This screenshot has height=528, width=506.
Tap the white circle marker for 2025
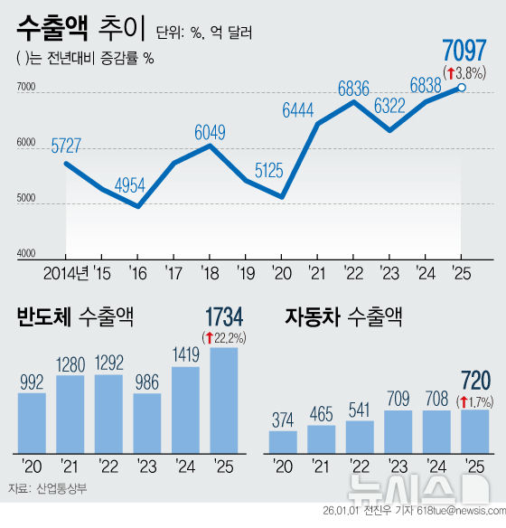coord(462,88)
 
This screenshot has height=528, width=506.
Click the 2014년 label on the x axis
coord(66,272)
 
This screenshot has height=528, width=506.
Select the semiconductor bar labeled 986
coord(147,422)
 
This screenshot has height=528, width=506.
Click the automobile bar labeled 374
coord(283,441)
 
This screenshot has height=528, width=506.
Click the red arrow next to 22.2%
coord(209,337)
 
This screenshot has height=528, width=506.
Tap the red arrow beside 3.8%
coord(449,71)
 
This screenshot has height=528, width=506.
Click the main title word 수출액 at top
coord(52,30)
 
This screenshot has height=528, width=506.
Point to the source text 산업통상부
coord(62,488)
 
